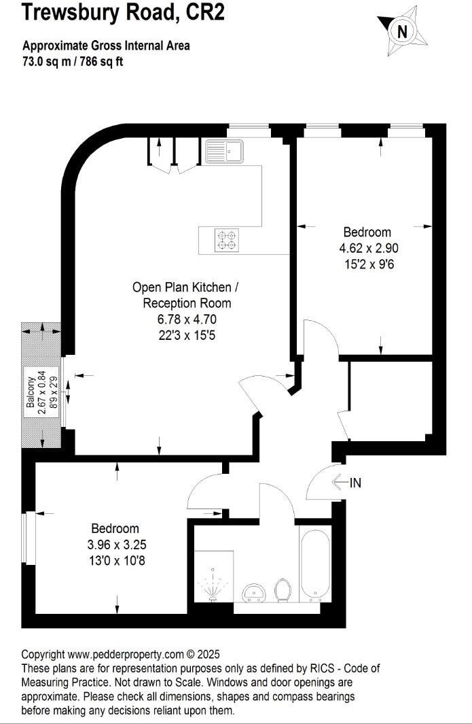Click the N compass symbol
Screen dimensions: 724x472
pyautogui.click(x=402, y=31)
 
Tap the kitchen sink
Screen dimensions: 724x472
pyautogui.click(x=222, y=150)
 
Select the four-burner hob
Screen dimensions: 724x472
pyautogui.click(x=227, y=240)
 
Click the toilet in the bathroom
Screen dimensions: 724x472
pyautogui.click(x=283, y=591)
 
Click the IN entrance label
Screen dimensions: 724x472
pyautogui.click(x=355, y=483)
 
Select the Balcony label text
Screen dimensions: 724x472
pyautogui.click(x=31, y=396)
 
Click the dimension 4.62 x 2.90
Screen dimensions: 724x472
pyautogui.click(x=367, y=248)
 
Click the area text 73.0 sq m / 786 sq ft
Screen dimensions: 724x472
pyautogui.click(x=73, y=61)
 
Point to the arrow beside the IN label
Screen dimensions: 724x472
pyautogui.click(x=339, y=483)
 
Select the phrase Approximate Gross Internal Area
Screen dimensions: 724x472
pyautogui.click(x=106, y=46)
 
